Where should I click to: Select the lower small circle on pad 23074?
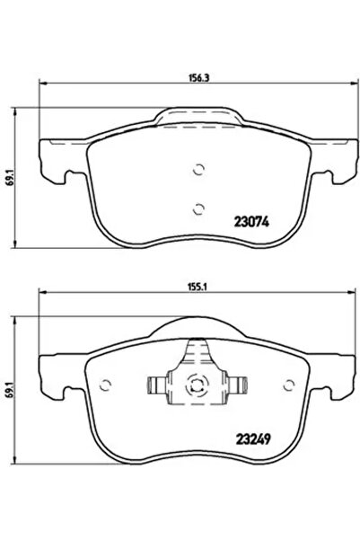(198, 208)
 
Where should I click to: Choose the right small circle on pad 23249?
(288, 387)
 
